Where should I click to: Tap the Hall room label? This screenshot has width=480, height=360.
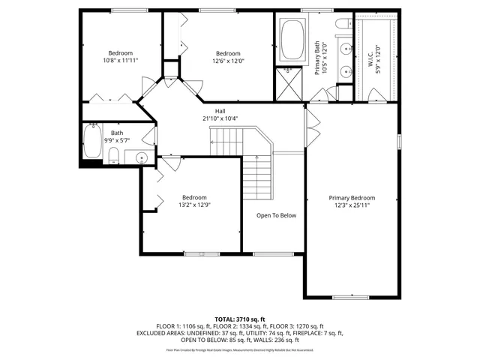point(220,110)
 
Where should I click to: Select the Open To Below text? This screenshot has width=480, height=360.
point(276,215)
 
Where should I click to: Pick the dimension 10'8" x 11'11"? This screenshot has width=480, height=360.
point(121,60)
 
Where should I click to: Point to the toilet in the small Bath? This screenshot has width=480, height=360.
point(114,154)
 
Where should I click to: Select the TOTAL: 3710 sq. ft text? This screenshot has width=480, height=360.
point(240,319)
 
